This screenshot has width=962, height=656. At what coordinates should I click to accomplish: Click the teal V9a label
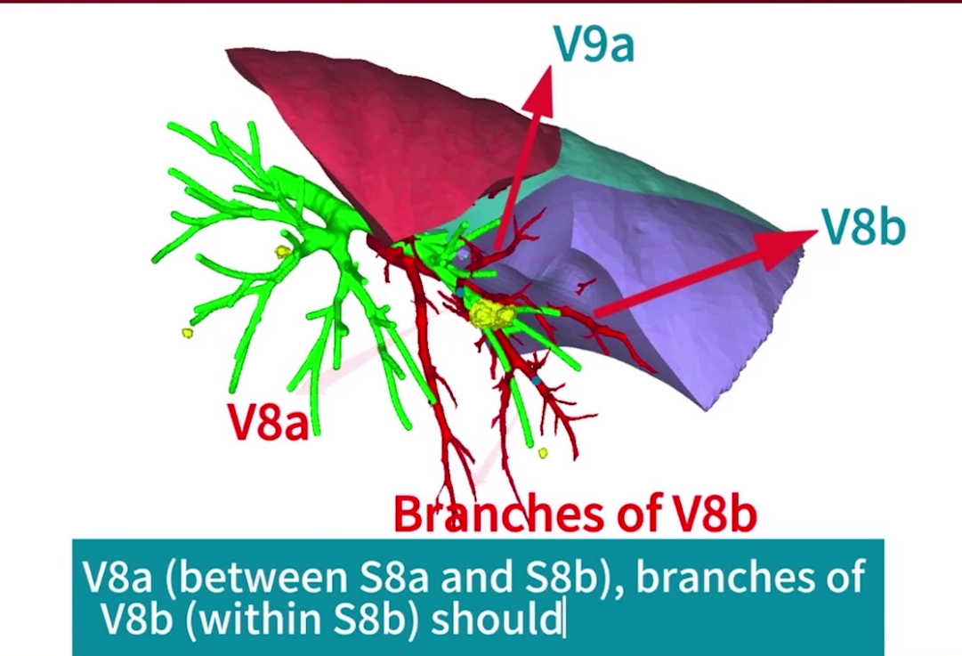pyautogui.click(x=594, y=44)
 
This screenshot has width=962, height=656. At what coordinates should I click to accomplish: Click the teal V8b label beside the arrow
pyautogui.click(x=863, y=226)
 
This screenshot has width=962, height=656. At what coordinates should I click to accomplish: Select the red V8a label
pyautogui.click(x=268, y=422)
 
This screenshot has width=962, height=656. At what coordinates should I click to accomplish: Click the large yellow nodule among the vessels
pyautogui.click(x=492, y=315)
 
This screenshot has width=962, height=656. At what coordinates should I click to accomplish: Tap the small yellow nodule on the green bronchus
pyautogui.click(x=281, y=251)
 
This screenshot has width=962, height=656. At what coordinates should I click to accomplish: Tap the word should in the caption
pyautogui.click(x=497, y=620)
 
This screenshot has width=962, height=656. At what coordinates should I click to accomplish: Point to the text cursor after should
pyautogui.click(x=564, y=620)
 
